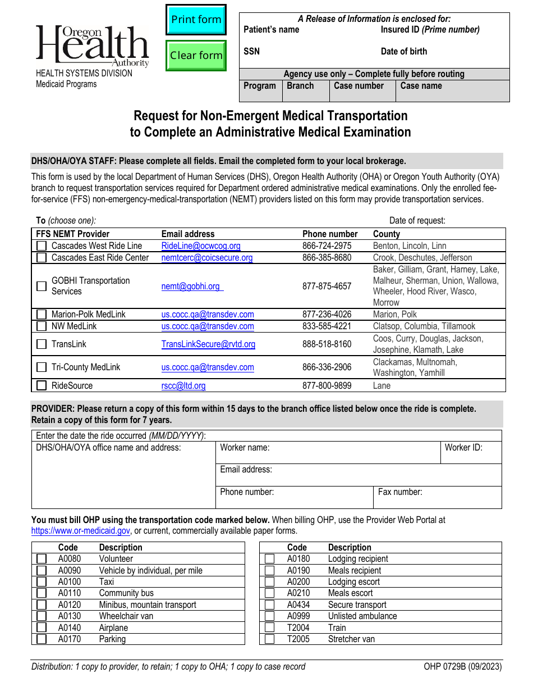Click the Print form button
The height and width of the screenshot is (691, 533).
[196, 20]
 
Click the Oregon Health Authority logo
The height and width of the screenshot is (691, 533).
[93, 46]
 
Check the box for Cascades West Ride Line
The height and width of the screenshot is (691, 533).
[42, 246]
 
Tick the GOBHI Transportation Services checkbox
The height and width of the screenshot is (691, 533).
[42, 286]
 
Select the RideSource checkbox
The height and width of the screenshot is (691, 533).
[42, 385]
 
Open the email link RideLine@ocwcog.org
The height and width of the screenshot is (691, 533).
[201, 246]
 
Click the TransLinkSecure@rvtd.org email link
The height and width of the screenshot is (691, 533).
[208, 344]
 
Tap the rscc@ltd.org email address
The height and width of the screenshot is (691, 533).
[183, 386]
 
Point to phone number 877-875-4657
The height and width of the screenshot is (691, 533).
[327, 287]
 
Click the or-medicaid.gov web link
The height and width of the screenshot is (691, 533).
[81, 530]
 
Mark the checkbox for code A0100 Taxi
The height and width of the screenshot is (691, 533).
[42, 582]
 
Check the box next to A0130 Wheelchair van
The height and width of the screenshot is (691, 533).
[42, 616]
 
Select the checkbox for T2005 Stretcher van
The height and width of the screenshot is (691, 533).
[270, 639]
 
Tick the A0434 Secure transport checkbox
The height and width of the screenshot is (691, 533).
[270, 605]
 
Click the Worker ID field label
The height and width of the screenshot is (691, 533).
[463, 448]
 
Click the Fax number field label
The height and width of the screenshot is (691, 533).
[400, 492]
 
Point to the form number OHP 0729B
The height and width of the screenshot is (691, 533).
[463, 667]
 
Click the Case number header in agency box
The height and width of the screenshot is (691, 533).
[359, 86]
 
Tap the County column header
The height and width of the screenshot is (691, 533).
[386, 234]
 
